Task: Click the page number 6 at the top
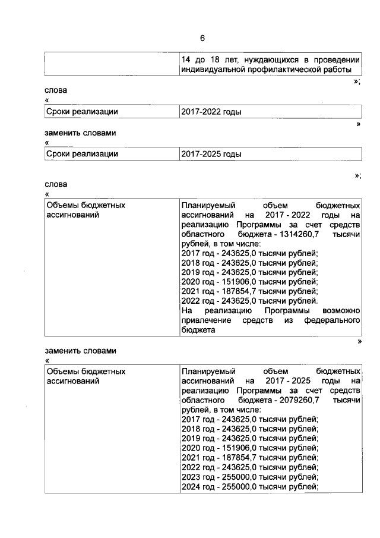coord(202,39)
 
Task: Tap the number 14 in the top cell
coord(186,59)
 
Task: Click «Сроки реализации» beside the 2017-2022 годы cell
coord(82,111)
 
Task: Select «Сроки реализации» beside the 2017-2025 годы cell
coord(82,154)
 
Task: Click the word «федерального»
coord(332,321)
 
